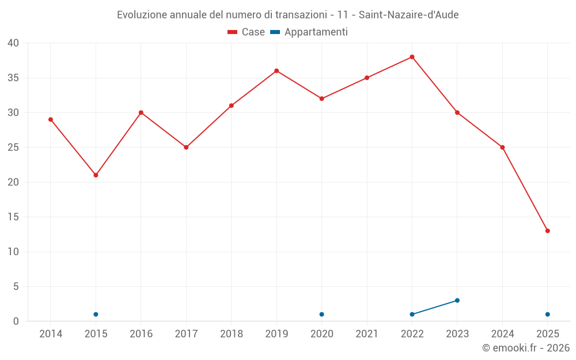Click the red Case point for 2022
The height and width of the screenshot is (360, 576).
click(412, 57)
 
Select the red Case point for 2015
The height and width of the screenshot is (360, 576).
click(96, 175)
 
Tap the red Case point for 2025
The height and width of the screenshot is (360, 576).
click(547, 231)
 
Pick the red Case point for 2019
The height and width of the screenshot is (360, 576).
click(276, 71)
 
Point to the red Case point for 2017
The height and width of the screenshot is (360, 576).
click(186, 147)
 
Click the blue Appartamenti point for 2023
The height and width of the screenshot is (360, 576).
click(457, 300)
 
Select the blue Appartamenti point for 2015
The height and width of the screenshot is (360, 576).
click(96, 314)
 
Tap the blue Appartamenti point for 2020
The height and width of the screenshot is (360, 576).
click(321, 314)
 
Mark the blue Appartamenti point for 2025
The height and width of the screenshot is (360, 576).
click(547, 314)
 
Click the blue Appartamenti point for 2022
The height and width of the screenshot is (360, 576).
click(412, 314)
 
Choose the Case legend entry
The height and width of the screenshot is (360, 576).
click(246, 32)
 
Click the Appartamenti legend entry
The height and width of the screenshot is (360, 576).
click(309, 32)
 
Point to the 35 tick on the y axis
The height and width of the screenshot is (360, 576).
click(13, 78)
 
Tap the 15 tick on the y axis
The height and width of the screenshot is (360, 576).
click(13, 217)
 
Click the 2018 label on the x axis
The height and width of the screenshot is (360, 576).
click(231, 334)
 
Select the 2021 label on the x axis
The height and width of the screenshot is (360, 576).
click(367, 334)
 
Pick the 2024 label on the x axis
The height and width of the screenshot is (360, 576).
click(502, 334)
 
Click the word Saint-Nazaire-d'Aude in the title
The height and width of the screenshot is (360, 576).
click(408, 15)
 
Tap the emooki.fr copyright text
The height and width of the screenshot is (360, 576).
click(526, 348)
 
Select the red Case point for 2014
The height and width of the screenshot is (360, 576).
click(51, 119)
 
